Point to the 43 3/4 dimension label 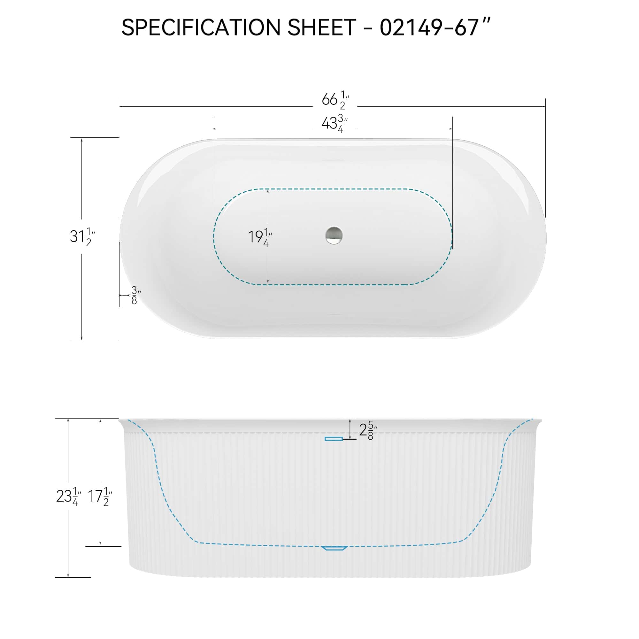coord(334,123)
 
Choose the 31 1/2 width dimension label coord(82,237)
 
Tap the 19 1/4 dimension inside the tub coord(260,237)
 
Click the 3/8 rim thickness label coord(135,295)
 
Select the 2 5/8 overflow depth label coord(368,430)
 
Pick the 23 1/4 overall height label coord(68,496)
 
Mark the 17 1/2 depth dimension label coord(100,496)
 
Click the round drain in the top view coord(334,235)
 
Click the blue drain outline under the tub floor coord(334,548)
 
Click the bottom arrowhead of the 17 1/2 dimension coord(100,544)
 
